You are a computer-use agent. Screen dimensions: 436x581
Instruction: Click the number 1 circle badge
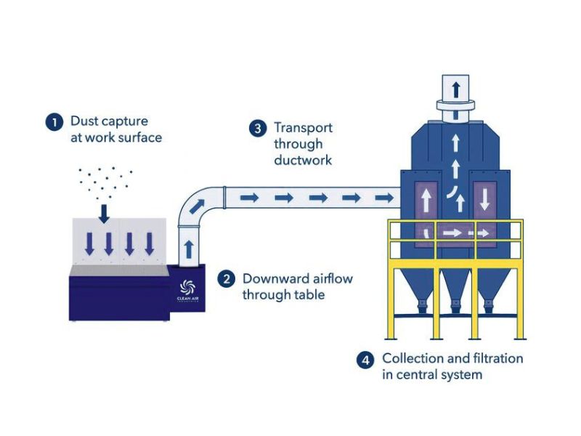[53, 121]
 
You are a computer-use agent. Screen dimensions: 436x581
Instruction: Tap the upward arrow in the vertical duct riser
[190, 248]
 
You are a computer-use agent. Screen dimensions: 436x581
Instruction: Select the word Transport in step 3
[303, 128]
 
